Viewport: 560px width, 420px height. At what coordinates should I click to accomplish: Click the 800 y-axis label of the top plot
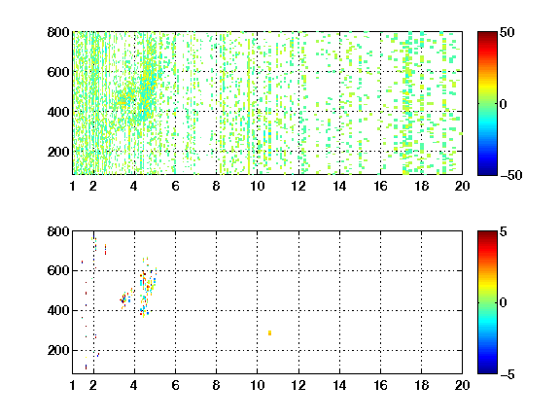coord(58,32)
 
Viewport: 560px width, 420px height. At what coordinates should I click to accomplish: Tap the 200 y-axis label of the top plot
coord(58,152)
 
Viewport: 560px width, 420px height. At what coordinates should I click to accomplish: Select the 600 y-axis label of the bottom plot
coord(58,270)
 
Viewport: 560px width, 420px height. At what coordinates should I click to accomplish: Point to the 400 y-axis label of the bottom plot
coord(58,310)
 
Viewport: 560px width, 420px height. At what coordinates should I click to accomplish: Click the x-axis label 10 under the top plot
coord(257,186)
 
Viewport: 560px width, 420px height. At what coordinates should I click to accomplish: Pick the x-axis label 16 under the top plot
coord(381,186)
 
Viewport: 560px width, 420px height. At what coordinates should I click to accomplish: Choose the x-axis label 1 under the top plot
coord(73,186)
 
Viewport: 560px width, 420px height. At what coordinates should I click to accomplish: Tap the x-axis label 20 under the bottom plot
coord(462,385)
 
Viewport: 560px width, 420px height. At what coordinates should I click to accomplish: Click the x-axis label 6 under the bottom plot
coord(175,385)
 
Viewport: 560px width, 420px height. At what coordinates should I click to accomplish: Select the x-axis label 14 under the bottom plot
coord(339,385)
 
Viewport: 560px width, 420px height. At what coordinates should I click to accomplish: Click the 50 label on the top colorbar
coord(507,32)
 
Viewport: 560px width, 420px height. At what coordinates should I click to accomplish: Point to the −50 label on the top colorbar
coord(511,175)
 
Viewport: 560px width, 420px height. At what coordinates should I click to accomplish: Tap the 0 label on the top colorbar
coord(503,104)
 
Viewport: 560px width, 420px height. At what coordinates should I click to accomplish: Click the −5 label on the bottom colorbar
coord(507,374)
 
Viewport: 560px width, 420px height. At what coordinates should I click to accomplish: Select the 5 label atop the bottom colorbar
coord(504,231)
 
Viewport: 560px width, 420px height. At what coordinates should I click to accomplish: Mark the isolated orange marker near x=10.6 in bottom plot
coord(269,332)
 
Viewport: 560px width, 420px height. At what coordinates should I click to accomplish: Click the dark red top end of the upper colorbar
coord(487,34)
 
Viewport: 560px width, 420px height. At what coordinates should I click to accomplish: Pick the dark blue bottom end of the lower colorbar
coord(487,371)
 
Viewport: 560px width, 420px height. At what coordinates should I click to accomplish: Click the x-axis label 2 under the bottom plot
coord(93,385)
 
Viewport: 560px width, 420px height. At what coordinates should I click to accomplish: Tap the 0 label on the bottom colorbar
coord(503,303)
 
